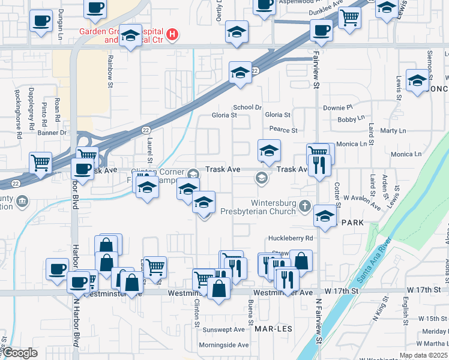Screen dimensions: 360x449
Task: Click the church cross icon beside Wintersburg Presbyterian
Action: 305,207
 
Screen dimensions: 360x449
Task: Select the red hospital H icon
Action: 173,34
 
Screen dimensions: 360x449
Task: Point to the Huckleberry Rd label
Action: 293,238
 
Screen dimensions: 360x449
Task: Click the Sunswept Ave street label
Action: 224,329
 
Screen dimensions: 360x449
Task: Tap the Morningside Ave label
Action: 224,345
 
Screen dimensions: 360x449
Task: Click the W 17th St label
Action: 424,290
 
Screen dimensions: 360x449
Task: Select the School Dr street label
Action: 248,107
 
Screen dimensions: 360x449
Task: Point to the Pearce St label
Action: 283,130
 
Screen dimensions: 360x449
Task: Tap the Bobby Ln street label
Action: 347,119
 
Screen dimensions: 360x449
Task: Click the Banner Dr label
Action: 52,133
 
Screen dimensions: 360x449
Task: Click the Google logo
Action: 20,353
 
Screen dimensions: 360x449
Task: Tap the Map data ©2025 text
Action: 423,355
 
